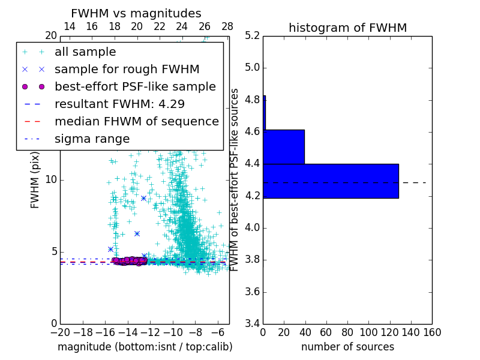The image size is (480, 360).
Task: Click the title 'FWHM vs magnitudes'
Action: (x=136, y=13)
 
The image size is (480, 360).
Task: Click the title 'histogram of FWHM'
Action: (x=347, y=28)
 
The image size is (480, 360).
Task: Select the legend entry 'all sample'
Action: (x=85, y=52)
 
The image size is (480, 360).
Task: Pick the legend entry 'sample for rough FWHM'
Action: (x=127, y=69)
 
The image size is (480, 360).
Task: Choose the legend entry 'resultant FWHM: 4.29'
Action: (x=119, y=104)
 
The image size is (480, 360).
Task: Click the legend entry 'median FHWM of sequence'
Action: (x=136, y=121)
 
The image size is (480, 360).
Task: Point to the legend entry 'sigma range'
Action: (x=92, y=139)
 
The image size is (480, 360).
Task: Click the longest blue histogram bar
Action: (x=331, y=181)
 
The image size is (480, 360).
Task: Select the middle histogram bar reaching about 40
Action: (x=284, y=146)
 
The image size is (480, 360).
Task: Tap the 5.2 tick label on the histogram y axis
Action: (x=252, y=35)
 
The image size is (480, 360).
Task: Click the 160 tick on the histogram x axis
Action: (x=432, y=332)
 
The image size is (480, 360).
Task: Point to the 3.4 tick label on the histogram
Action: (x=252, y=323)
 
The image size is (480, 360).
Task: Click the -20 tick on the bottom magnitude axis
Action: (x=60, y=332)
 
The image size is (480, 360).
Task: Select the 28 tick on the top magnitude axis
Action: (x=227, y=26)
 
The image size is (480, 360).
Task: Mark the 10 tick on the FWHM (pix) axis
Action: (x=51, y=179)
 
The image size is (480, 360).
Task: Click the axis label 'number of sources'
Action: (x=347, y=347)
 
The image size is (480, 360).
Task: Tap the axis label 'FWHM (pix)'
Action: (x=35, y=179)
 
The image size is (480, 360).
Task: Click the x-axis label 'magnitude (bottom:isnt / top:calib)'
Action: (x=145, y=347)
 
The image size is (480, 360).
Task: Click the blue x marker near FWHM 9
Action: (x=143, y=198)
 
